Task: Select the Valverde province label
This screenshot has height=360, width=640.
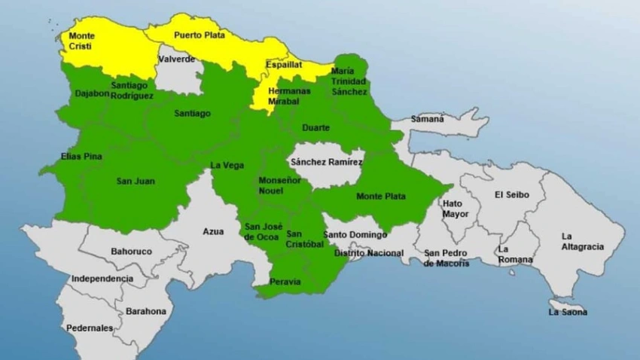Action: coord(177,59)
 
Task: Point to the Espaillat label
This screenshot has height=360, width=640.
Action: coord(283,66)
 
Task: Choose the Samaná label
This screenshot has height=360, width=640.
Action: coord(428,119)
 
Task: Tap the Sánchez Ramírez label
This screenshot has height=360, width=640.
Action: coord(327,162)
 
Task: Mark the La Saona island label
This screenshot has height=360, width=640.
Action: coord(568,312)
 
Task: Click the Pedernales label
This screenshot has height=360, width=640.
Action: coord(90,328)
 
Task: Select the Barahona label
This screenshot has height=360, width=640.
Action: coord(146,311)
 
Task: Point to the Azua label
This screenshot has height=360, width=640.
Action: coord(213,231)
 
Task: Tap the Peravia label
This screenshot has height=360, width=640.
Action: coord(285,282)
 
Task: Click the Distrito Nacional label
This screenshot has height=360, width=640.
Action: coord(368,253)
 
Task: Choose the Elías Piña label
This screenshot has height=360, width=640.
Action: coord(81,157)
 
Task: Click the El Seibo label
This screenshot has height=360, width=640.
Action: coord(512,195)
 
